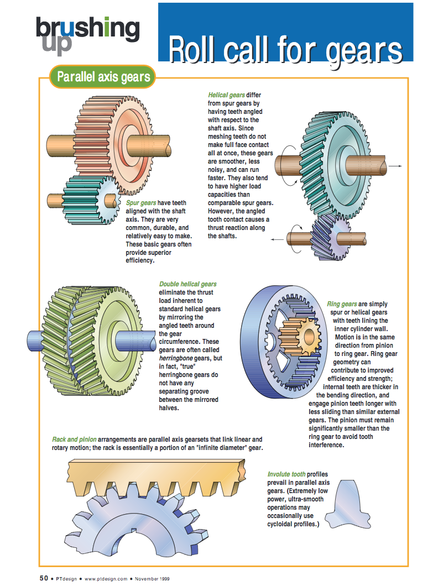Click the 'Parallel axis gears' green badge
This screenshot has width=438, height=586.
pyautogui.click(x=103, y=77)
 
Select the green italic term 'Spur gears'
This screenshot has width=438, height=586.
pyautogui.click(x=141, y=203)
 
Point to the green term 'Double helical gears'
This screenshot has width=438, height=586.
pyautogui.click(x=188, y=284)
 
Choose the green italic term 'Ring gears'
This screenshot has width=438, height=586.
pyautogui.click(x=342, y=304)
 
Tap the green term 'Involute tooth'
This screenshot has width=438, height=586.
pyautogui.click(x=286, y=474)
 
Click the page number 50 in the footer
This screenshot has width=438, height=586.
pyautogui.click(x=44, y=578)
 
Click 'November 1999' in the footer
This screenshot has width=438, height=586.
pyautogui.click(x=153, y=579)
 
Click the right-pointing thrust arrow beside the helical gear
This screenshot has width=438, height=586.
pyautogui.click(x=395, y=165)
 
